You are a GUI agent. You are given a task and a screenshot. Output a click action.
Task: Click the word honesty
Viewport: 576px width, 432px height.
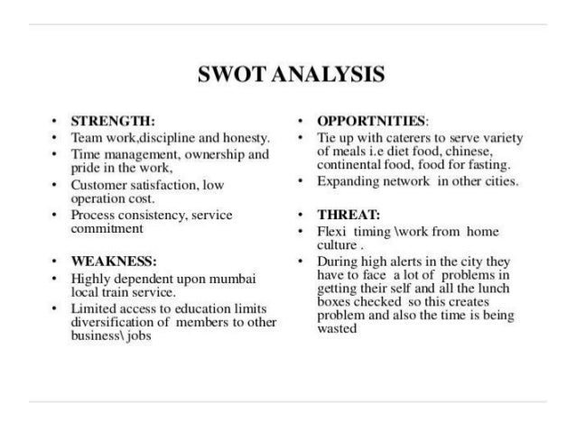248,137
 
